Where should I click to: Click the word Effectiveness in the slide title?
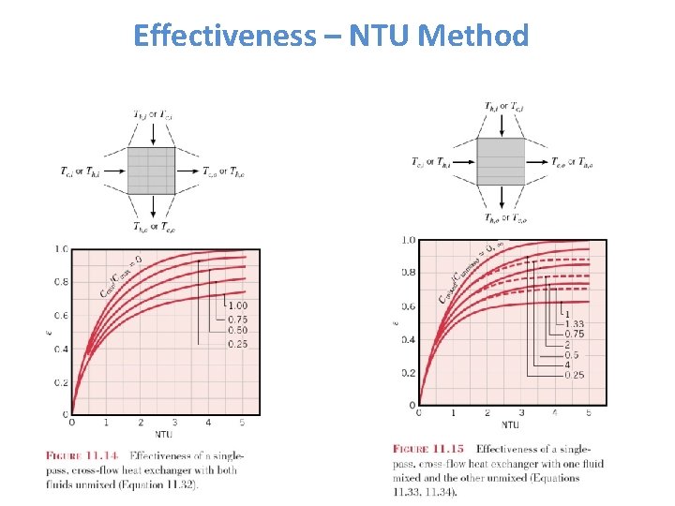[x=225, y=36]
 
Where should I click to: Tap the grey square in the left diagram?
[x=151, y=170]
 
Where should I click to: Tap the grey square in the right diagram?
[x=501, y=161]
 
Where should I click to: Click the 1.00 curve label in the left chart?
[x=238, y=305]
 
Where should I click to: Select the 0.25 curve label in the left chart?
[x=238, y=344]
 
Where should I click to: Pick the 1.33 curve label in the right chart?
[x=573, y=323]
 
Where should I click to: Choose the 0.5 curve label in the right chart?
[x=571, y=354]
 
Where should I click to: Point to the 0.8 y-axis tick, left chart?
[x=61, y=282]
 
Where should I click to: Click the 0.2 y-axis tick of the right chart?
[x=408, y=373]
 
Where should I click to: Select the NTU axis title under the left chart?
[x=164, y=435]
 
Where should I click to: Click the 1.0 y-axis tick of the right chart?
[x=408, y=241]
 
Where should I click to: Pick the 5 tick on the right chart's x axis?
[x=589, y=412]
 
